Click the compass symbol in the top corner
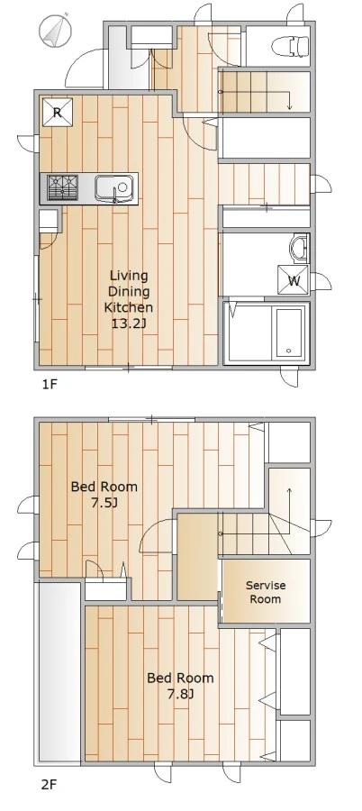55,30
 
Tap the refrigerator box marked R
58,113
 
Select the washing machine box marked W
294,280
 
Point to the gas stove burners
62,187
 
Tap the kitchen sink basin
114,187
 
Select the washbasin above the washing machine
300,249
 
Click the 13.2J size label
129,323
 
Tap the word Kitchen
129,308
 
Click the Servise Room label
266,592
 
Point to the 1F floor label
49,384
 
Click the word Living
129,276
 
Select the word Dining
129,291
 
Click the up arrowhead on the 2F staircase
289,490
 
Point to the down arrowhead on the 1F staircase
290,107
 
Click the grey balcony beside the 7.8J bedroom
58,673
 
